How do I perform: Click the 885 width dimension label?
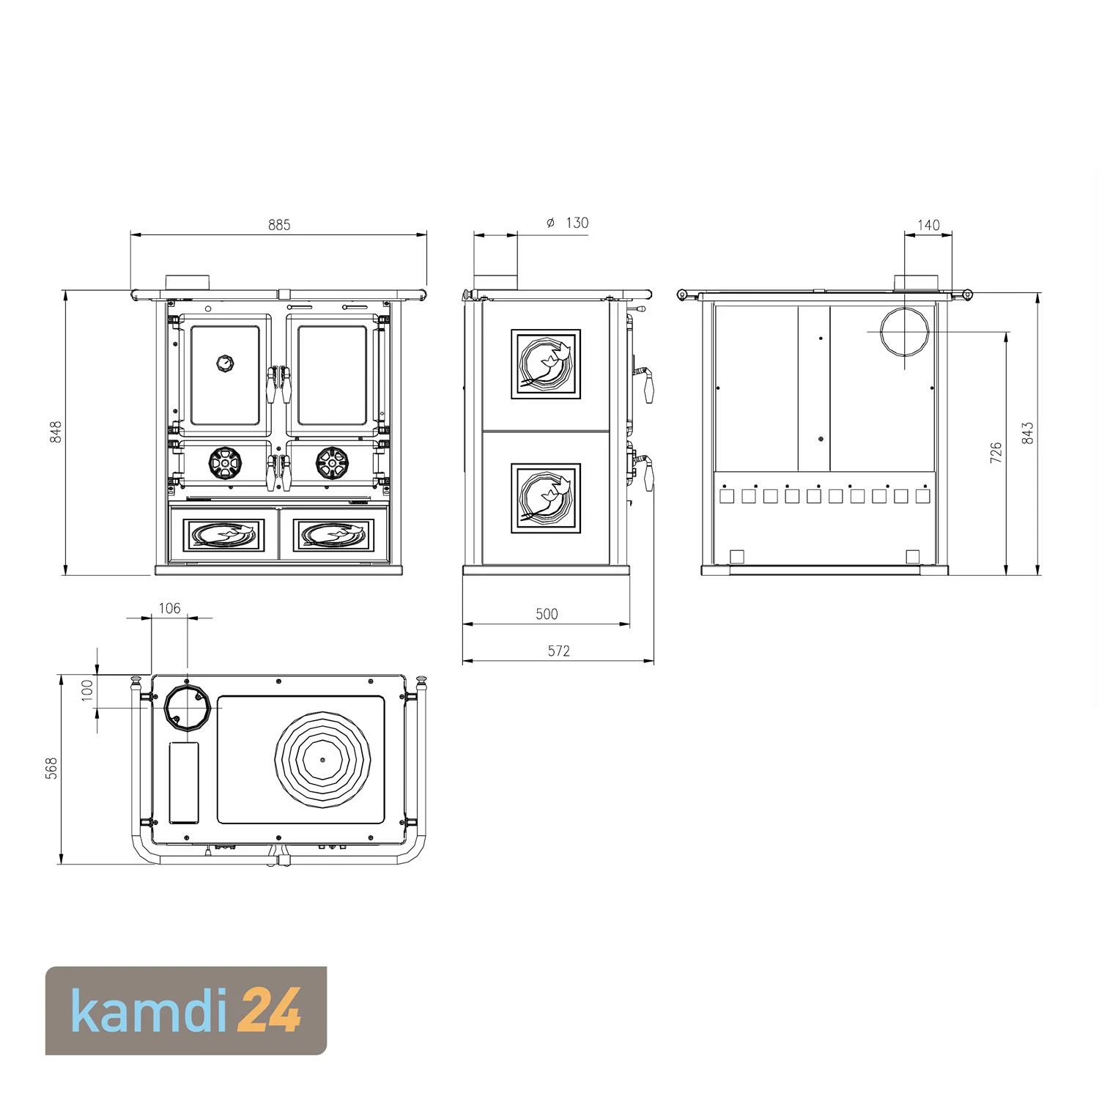[x=279, y=225]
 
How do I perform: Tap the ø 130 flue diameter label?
[x=568, y=223]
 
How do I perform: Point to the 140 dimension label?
[x=928, y=225]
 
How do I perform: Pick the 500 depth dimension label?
[x=547, y=614]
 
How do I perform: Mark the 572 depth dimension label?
[x=558, y=651]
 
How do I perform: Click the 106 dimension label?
[x=169, y=608]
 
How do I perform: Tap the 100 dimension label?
[x=87, y=690]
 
